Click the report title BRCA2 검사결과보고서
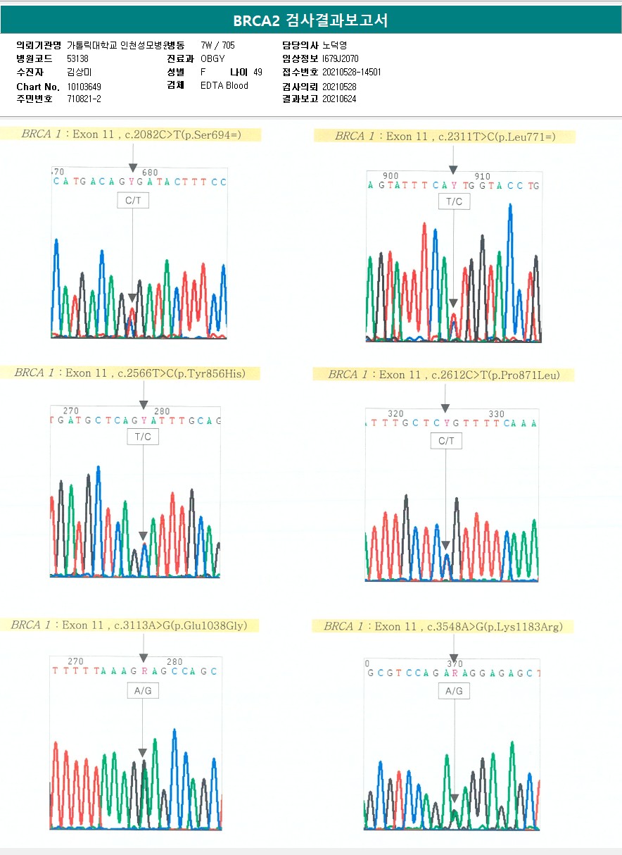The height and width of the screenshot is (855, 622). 310,20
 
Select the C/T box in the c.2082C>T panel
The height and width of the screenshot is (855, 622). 133,201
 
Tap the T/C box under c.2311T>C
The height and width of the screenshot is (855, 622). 454,201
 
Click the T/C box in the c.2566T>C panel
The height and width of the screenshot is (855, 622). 143,437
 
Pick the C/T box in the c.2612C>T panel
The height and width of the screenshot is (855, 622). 446,441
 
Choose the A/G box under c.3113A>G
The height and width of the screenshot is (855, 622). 143,691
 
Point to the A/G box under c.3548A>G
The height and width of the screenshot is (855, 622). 454,692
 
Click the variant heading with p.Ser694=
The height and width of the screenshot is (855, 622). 132,134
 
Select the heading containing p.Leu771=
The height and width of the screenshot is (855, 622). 445,136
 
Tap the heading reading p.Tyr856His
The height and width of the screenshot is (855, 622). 130,373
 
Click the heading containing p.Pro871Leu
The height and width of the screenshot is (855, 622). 443,375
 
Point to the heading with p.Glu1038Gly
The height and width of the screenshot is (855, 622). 129,625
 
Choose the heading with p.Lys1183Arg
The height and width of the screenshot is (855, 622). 443,626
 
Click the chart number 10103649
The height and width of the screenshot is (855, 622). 84,86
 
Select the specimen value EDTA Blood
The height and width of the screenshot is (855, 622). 224,85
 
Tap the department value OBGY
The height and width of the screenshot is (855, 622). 212,58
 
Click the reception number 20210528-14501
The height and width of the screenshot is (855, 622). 351,72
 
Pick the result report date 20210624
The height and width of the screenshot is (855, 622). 338,99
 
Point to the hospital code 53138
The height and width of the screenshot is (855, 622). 77,58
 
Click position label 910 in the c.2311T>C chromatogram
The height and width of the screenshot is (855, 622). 482,176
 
